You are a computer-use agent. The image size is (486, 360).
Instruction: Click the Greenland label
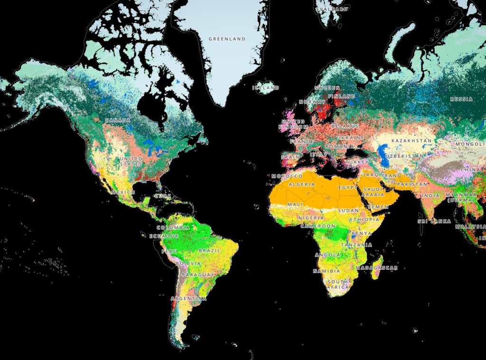click(227, 39)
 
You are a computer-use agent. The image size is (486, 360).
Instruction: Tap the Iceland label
click(266, 88)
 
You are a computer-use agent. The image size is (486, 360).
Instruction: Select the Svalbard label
click(332, 9)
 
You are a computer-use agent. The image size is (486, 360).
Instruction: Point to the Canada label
click(118, 120)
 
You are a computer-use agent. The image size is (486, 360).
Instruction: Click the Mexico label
click(123, 192)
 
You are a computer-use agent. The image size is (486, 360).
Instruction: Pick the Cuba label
click(162, 196)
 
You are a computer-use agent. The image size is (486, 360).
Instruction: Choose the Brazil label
click(209, 250)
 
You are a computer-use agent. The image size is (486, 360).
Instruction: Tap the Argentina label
click(189, 299)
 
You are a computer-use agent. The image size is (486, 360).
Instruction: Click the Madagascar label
click(380, 268)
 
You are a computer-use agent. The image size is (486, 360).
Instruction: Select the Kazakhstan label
click(411, 141)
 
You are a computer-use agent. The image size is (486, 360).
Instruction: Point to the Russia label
click(462, 99)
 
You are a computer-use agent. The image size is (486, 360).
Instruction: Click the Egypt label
click(347, 188)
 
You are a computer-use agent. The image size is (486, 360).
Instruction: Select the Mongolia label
click(470, 144)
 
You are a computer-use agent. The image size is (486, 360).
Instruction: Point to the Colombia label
click(173, 228)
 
